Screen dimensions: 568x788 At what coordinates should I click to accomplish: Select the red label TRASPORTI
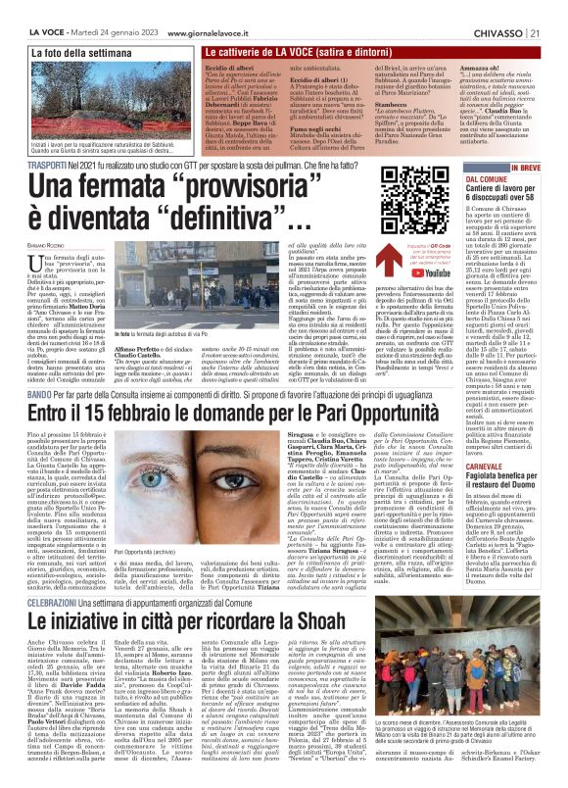tap(29, 168)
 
